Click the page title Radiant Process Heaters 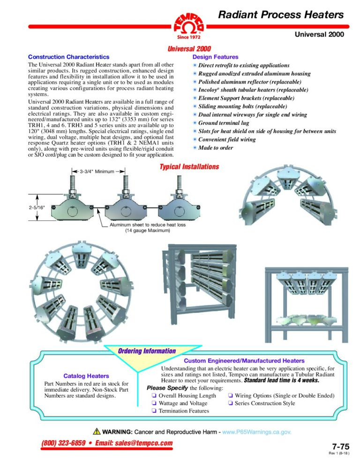(x=281, y=15)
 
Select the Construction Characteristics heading (x=68, y=57)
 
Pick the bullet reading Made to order (x=216, y=148)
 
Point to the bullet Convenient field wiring (x=227, y=140)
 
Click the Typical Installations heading (x=189, y=167)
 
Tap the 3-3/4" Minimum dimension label (x=97, y=172)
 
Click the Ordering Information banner (x=147, y=351)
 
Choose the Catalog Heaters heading (x=86, y=376)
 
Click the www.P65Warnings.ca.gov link (x=256, y=431)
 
